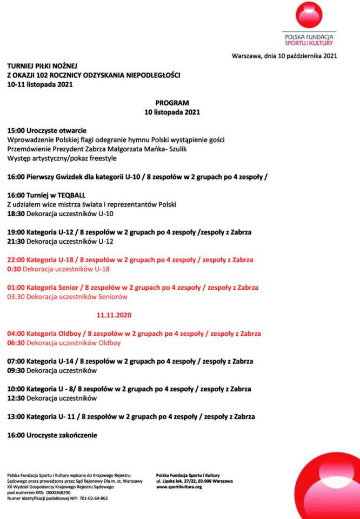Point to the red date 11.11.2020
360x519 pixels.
(x=114, y=314)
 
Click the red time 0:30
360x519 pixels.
(x=14, y=269)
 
